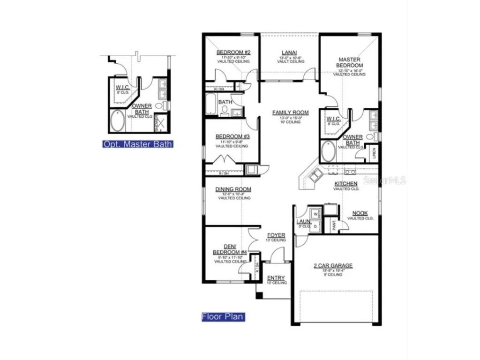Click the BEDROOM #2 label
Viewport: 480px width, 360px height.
pyautogui.click(x=233, y=52)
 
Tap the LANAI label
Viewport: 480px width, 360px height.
pyautogui.click(x=289, y=52)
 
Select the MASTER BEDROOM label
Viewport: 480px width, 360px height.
pyautogui.click(x=349, y=62)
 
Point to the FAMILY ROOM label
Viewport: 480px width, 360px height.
pyautogui.click(x=291, y=112)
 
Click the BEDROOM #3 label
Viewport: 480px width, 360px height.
pyautogui.click(x=232, y=136)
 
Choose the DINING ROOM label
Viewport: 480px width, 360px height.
pyautogui.click(x=233, y=189)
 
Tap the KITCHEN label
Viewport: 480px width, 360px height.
pyautogui.click(x=346, y=183)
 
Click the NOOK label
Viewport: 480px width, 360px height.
pyautogui.click(x=360, y=213)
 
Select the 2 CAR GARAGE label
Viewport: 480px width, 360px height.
pyautogui.click(x=333, y=265)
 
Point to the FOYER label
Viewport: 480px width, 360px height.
pyautogui.click(x=276, y=235)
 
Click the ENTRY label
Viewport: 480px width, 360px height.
pyautogui.click(x=276, y=278)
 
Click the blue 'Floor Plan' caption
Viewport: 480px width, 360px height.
pyautogui.click(x=223, y=317)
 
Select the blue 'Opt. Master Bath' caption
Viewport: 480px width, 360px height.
pyautogui.click(x=138, y=144)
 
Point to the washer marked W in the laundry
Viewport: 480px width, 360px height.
pyautogui.click(x=315, y=214)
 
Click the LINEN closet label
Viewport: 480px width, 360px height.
pyautogui.click(x=374, y=154)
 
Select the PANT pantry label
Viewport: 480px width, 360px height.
pyautogui.click(x=334, y=225)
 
